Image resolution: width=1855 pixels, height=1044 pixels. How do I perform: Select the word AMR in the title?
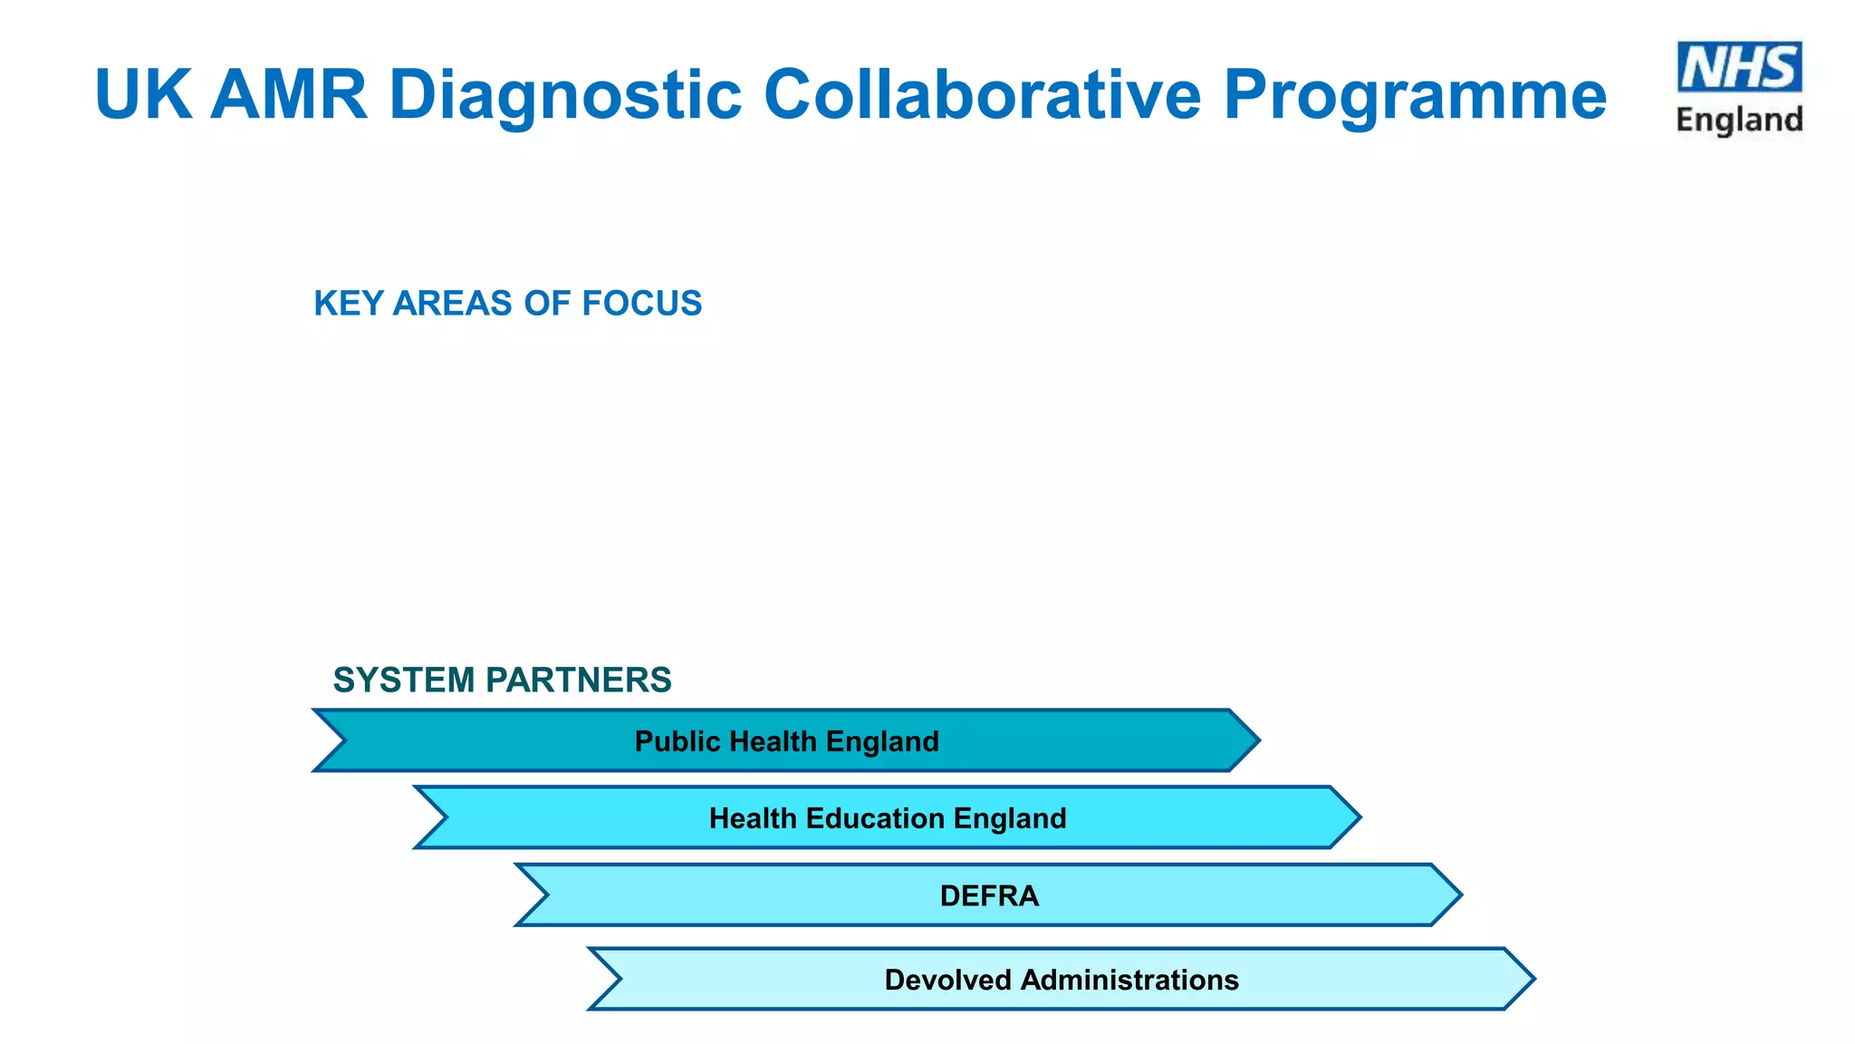[x=289, y=94]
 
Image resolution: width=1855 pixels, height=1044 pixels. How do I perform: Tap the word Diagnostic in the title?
[x=565, y=94]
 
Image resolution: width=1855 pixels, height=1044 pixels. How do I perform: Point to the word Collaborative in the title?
[x=982, y=94]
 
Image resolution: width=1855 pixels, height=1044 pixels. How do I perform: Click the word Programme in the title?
[x=1415, y=94]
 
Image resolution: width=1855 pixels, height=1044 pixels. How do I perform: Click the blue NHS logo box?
[x=1739, y=67]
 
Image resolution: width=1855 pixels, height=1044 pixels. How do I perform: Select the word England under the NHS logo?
[x=1739, y=120]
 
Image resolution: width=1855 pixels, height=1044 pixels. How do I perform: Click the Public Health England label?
[x=786, y=741]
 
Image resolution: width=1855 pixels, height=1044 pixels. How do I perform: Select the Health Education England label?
[x=888, y=818]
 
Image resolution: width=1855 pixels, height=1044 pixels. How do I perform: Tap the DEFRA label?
[x=989, y=895]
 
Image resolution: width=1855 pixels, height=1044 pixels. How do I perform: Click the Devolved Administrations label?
[x=1062, y=980]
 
